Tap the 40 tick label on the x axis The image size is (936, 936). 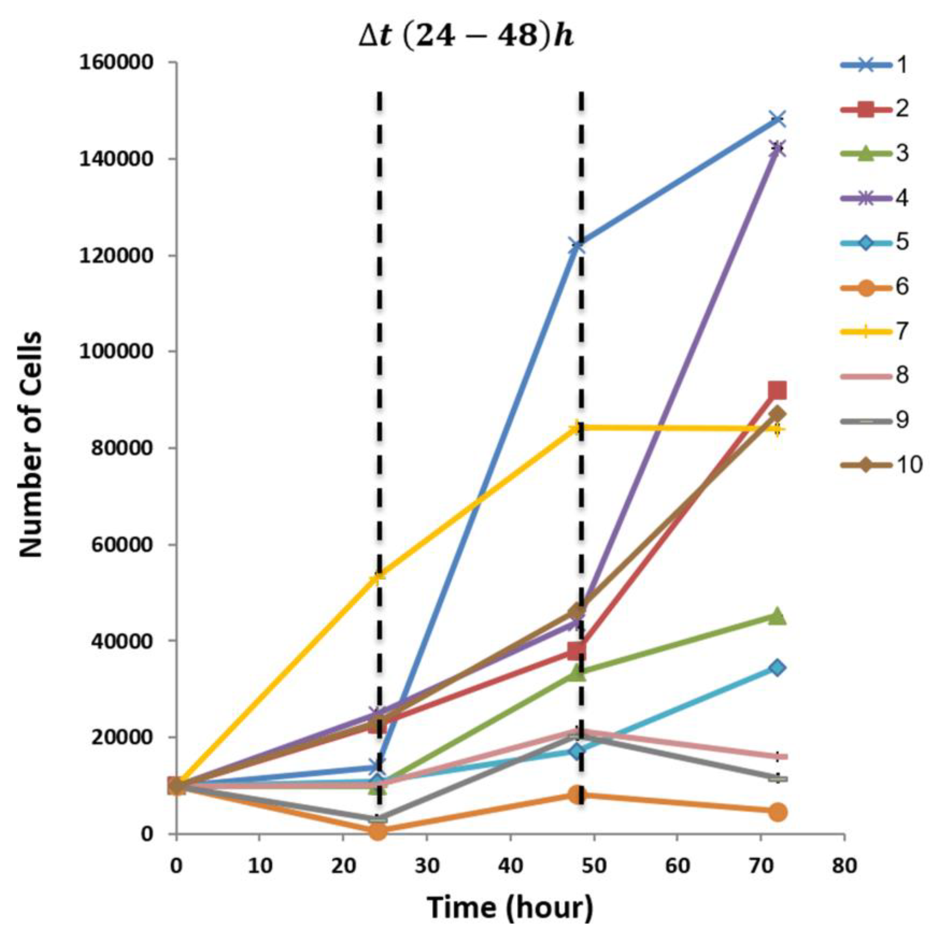pyautogui.click(x=510, y=866)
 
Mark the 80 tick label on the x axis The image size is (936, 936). pyautogui.click(x=844, y=866)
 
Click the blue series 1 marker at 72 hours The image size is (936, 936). pyautogui.click(x=777, y=119)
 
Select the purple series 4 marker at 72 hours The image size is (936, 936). pyautogui.click(x=777, y=149)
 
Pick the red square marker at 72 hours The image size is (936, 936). pyautogui.click(x=777, y=390)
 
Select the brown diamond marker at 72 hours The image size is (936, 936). pyautogui.click(x=777, y=414)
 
